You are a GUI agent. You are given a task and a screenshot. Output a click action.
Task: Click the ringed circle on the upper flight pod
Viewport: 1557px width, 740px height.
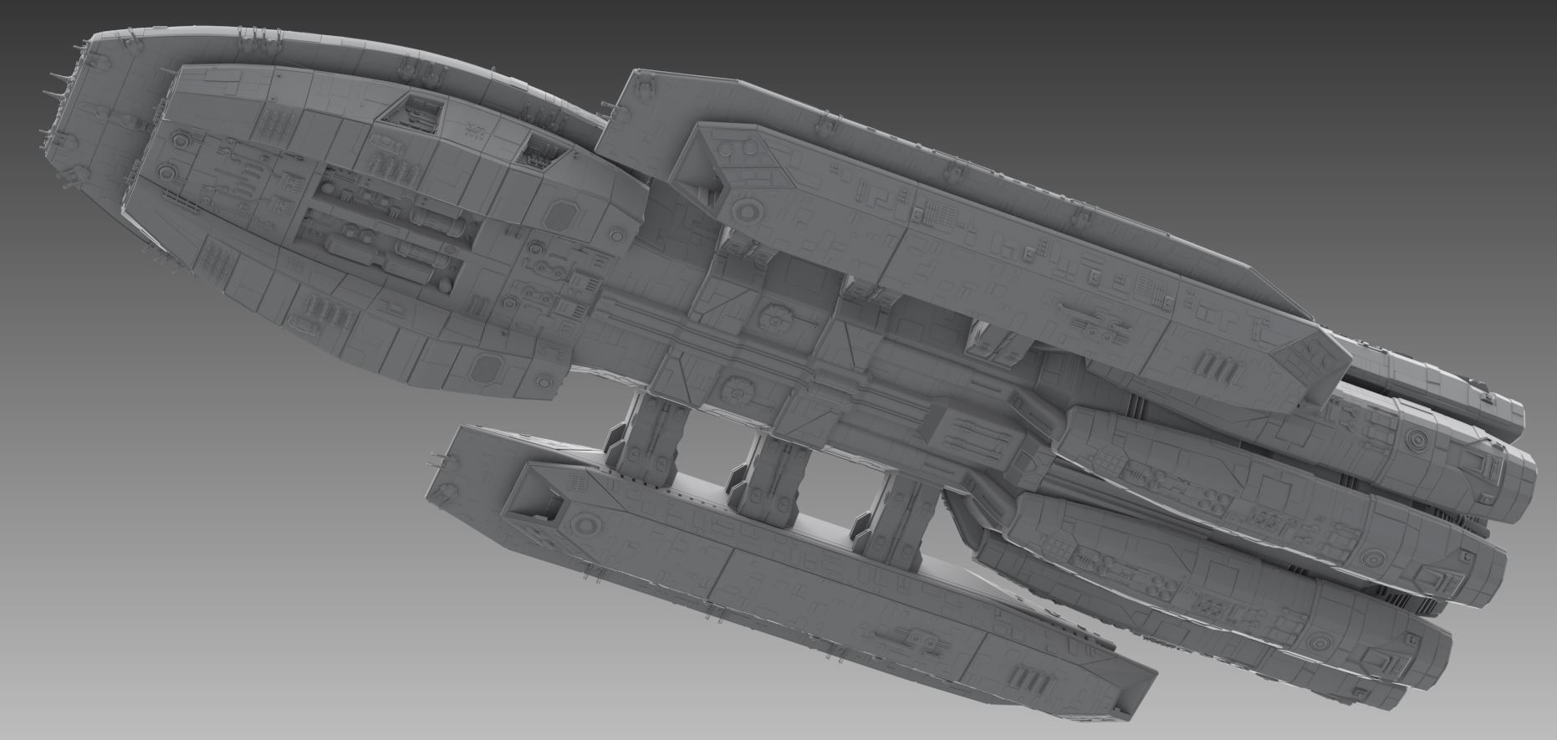click(743, 209)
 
